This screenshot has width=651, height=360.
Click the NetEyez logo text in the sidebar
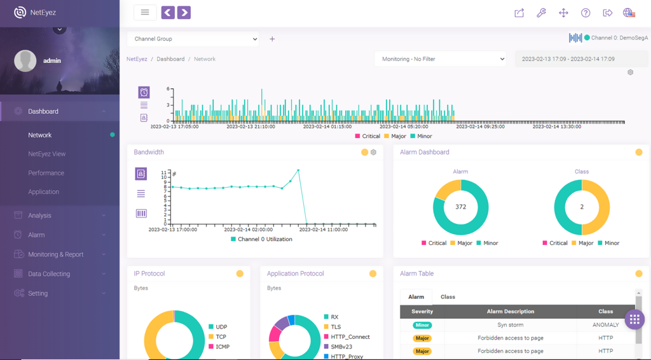click(x=43, y=13)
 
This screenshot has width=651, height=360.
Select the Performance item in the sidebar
click(x=46, y=173)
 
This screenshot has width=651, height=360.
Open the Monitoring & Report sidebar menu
click(x=56, y=254)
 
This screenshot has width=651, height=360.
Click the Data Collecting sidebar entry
click(x=49, y=273)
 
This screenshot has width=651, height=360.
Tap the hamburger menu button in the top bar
click(x=145, y=13)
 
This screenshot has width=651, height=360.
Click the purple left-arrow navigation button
click(x=168, y=13)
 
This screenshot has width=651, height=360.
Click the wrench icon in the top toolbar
click(x=542, y=13)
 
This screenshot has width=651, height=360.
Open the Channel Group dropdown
click(x=193, y=39)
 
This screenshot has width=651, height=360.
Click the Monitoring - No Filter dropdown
click(x=440, y=59)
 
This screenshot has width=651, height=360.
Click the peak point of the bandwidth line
click(x=298, y=170)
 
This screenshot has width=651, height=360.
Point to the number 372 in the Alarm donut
click(x=460, y=207)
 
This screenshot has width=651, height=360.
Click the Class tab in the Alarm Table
click(x=448, y=297)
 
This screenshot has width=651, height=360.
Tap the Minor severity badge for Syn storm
click(x=422, y=325)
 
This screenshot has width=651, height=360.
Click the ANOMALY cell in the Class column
click(x=605, y=325)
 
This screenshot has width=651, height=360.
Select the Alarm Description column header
click(x=511, y=312)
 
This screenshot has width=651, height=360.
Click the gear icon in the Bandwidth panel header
click(x=373, y=153)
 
